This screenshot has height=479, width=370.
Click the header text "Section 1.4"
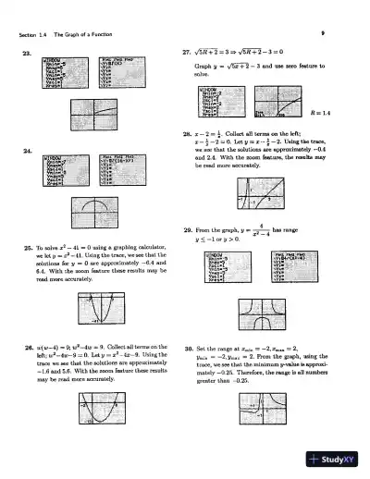33,35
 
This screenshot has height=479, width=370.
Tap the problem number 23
26,55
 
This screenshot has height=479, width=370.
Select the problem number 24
26,151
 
